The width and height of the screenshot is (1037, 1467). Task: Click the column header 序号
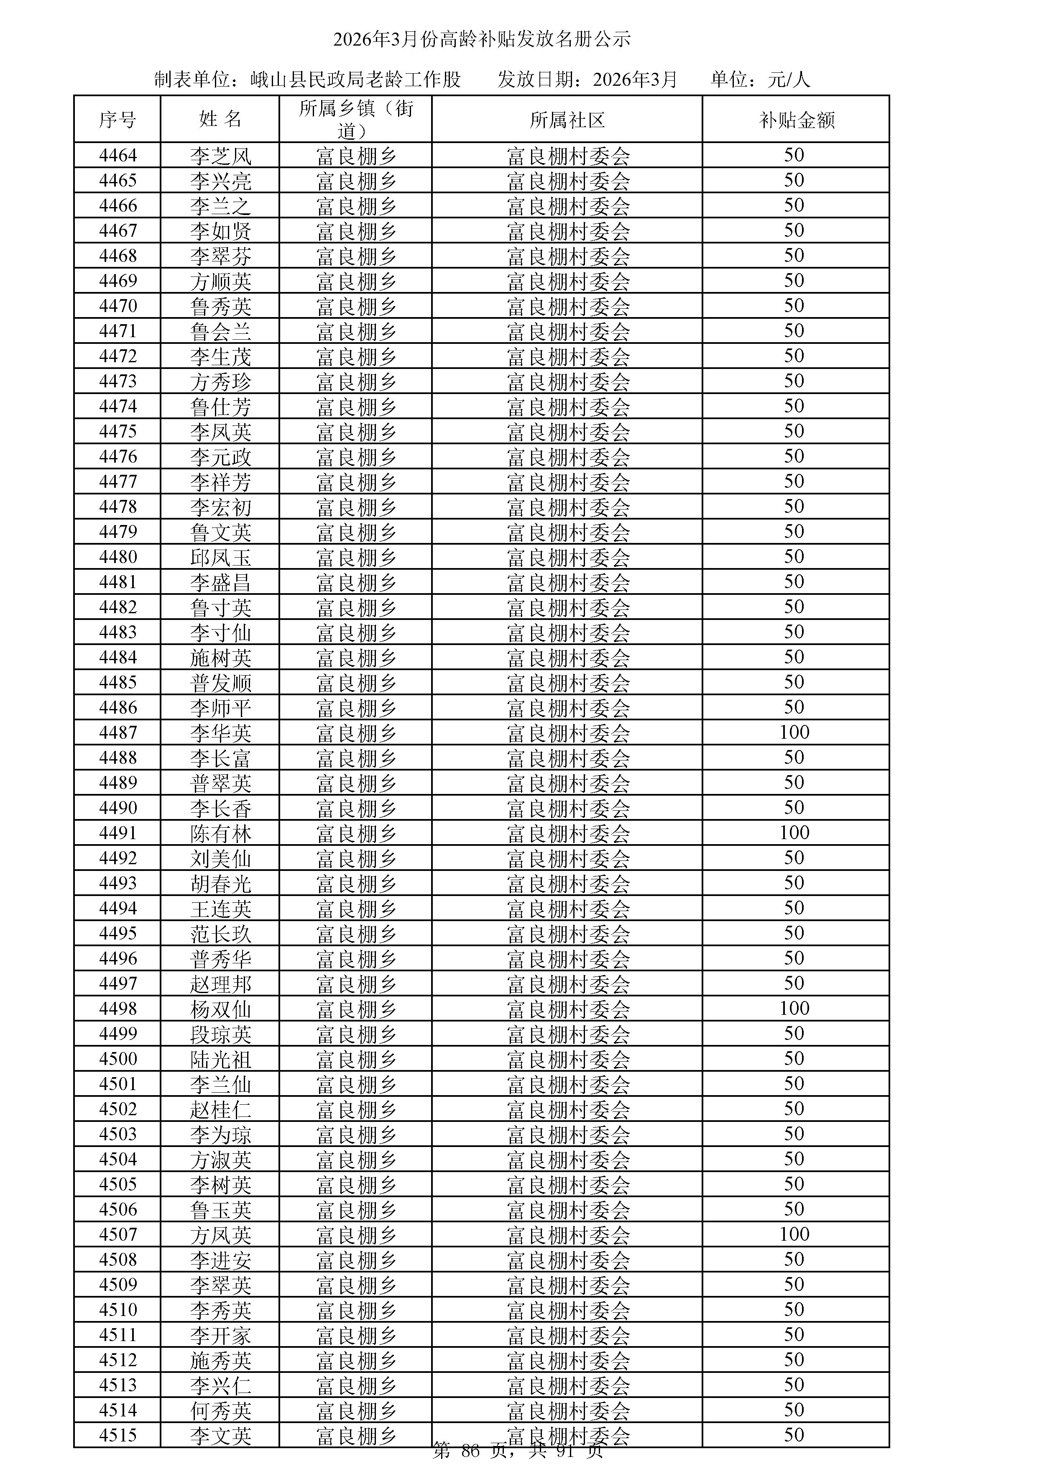pyautogui.click(x=117, y=120)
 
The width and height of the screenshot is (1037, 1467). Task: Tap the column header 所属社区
pyautogui.click(x=567, y=120)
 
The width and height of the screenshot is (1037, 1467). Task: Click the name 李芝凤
pyautogui.click(x=220, y=155)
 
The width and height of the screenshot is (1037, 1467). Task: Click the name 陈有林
pyautogui.click(x=220, y=833)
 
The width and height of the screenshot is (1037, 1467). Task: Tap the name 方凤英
pyautogui.click(x=220, y=1235)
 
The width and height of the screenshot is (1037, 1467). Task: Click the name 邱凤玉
pyautogui.click(x=220, y=557)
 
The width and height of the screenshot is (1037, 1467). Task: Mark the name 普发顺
pyautogui.click(x=220, y=682)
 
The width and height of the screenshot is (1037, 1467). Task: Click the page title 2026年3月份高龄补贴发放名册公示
pyautogui.click(x=481, y=40)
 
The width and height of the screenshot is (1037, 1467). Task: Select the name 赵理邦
pyautogui.click(x=220, y=984)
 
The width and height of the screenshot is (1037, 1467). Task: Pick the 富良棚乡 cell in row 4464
pyautogui.click(x=356, y=155)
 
